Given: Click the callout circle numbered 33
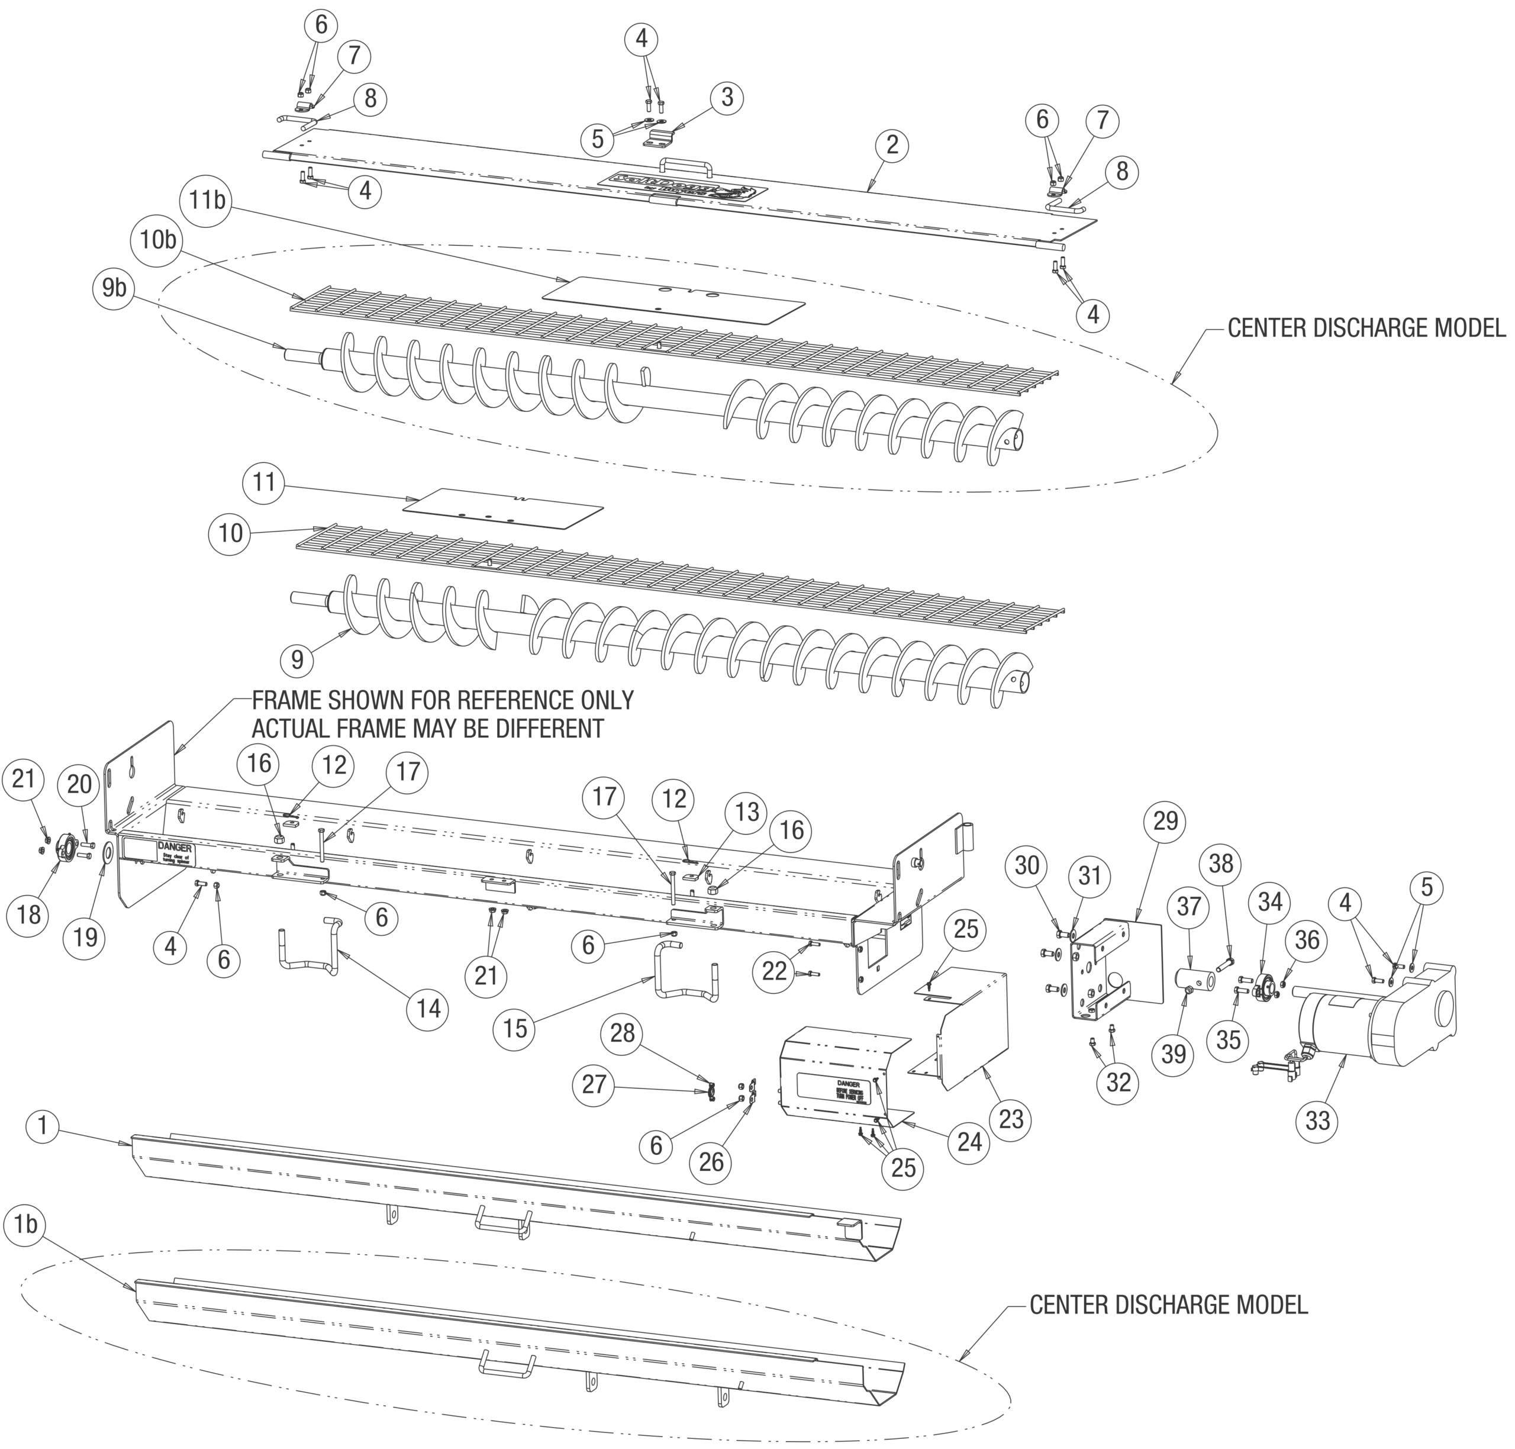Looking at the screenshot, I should (x=1317, y=1120).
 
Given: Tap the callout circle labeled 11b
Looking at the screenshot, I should (x=208, y=200).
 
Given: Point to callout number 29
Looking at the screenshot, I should (x=1165, y=821).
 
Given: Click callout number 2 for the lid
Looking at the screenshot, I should (x=892, y=144).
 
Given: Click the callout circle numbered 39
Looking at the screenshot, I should (x=1173, y=1054).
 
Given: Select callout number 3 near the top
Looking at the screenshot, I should (x=727, y=98).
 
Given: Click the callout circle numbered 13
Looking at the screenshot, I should (x=747, y=812).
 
